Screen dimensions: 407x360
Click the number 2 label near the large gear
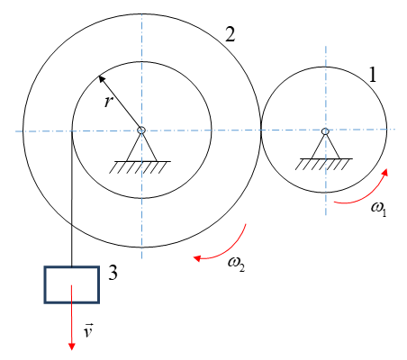231,34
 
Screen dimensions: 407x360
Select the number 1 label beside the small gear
373,74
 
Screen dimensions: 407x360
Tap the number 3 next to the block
113,273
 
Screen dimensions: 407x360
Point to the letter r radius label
108,102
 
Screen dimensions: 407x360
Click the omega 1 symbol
379,209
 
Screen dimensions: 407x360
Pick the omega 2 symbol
237,264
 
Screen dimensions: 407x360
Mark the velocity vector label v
88,330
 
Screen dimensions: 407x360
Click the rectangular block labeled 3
72,284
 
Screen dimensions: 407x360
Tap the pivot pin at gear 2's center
141,130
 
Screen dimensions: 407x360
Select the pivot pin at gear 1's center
325,131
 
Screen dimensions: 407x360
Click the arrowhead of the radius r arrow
102,79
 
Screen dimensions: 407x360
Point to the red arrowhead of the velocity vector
71,346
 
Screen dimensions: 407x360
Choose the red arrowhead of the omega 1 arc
384,172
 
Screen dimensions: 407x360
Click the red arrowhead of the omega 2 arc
197,258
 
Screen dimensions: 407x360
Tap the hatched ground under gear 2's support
140,167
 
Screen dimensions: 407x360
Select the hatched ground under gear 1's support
323,165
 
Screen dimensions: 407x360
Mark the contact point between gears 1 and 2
260,130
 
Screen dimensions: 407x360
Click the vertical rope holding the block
72,199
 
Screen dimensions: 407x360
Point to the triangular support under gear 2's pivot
141,148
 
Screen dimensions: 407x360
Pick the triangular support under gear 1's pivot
325,147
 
